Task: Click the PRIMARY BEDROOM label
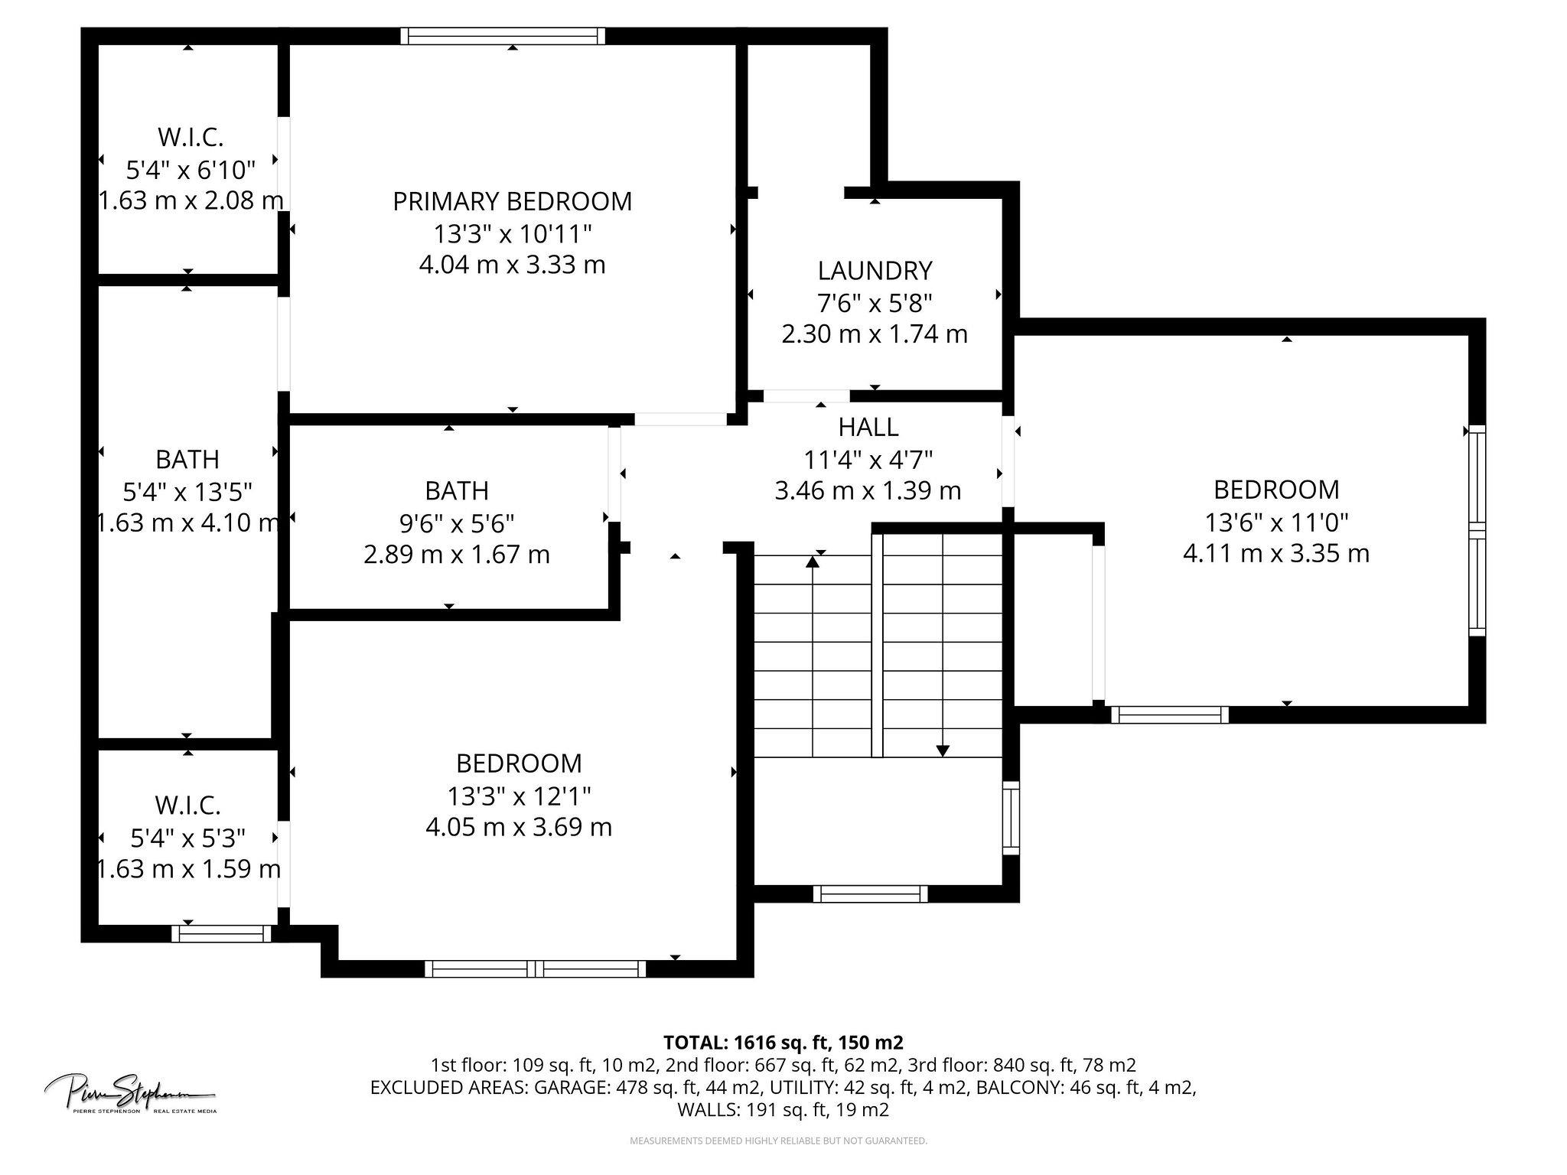pos(512,201)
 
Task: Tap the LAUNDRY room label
pos(875,271)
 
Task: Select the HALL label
pos(868,427)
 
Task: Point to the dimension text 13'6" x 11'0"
pos(1275,522)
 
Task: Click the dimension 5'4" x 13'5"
pos(187,491)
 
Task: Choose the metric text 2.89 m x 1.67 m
pos(457,555)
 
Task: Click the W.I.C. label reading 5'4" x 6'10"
pos(190,138)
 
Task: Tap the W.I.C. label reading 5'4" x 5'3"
pos(187,805)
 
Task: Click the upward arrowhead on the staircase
pos(813,562)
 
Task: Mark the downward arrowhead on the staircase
pos(943,750)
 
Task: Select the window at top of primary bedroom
pos(503,36)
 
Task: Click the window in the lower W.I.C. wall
pos(221,933)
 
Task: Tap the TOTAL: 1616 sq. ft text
pos(782,1042)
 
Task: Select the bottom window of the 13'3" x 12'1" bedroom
pos(535,969)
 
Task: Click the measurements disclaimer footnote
pos(777,1141)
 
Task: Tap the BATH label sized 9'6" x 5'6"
pos(457,490)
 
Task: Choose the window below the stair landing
pos(870,893)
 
